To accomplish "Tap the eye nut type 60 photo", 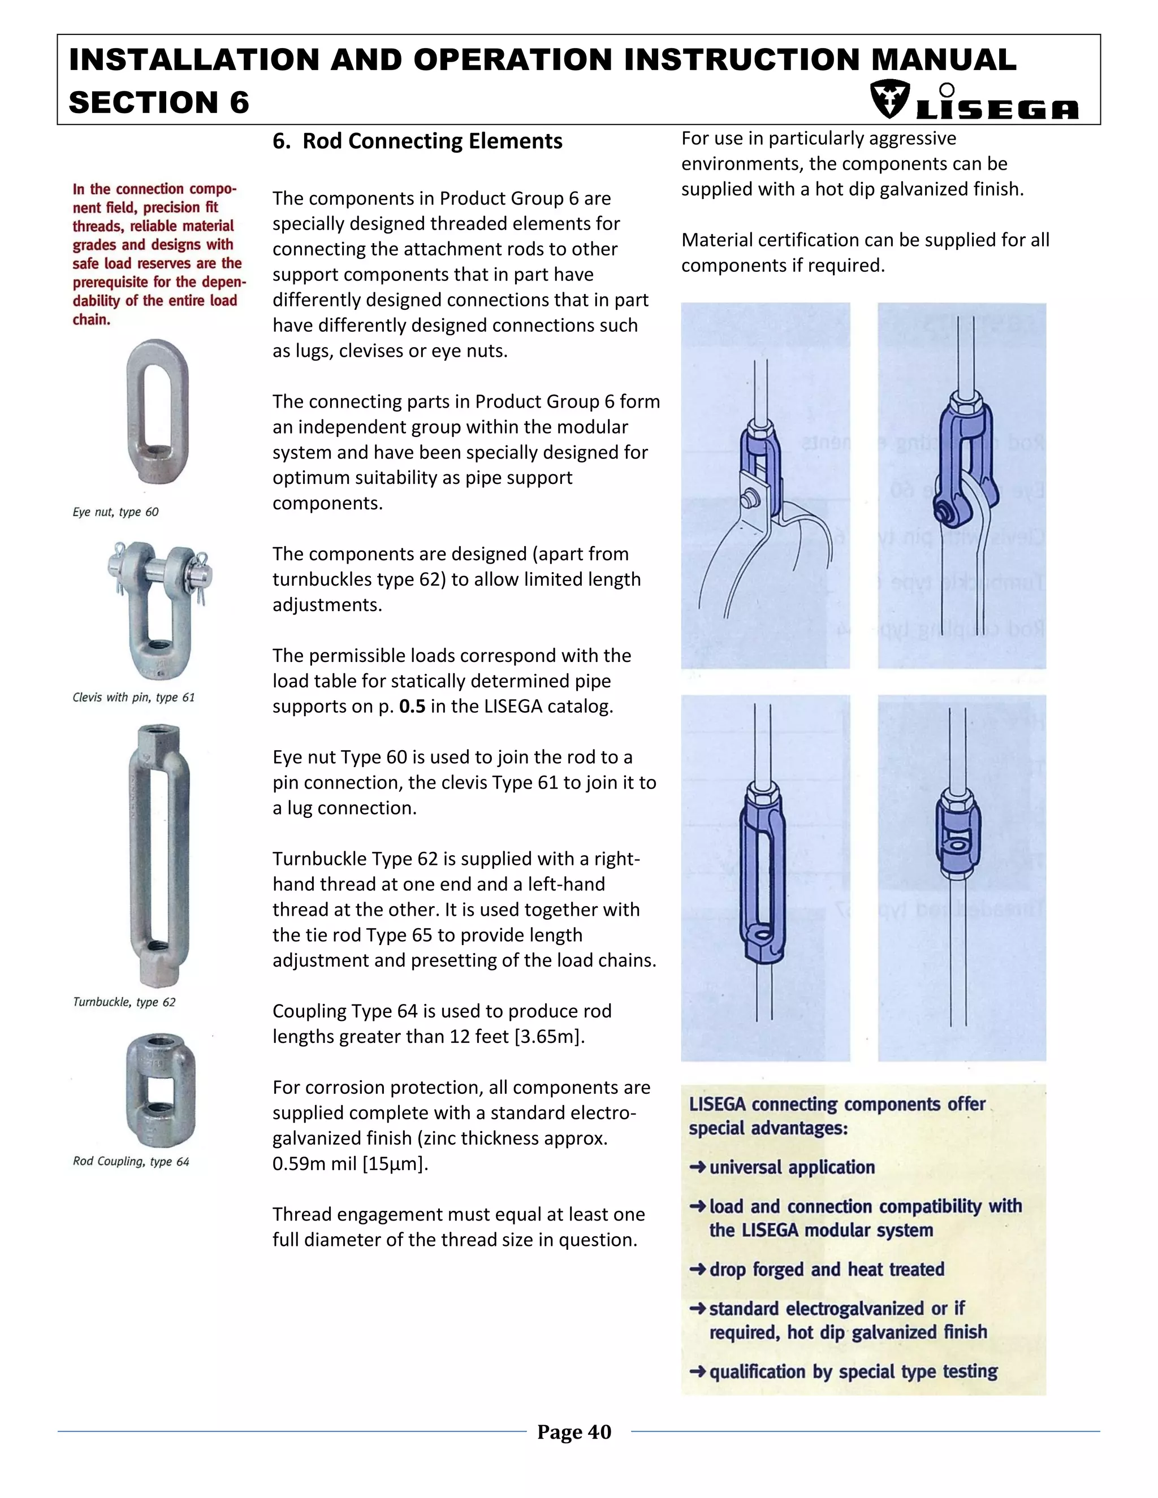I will (157, 412).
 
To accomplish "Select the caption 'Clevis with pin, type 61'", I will (134, 698).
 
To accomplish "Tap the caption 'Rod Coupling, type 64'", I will (131, 1161).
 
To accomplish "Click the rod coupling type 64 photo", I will (160, 1090).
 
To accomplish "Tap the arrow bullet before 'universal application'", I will (697, 1167).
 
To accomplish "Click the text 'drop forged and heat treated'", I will (827, 1270).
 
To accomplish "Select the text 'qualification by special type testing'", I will (853, 1372).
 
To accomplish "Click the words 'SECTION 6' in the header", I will (159, 103).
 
